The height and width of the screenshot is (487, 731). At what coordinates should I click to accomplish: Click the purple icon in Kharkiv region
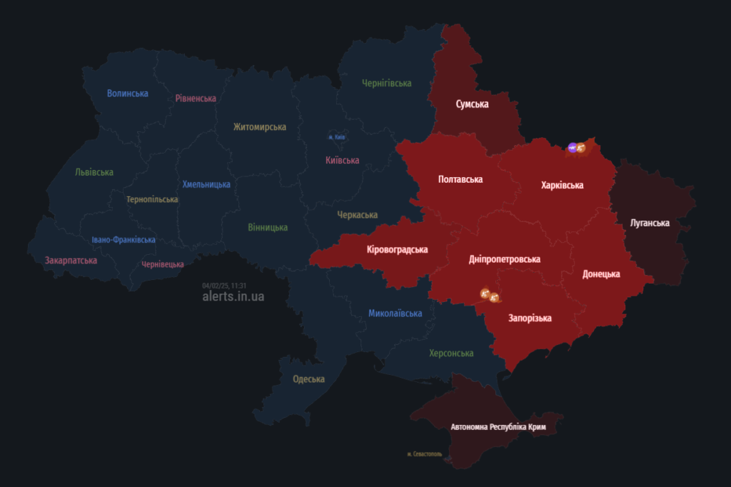point(573,148)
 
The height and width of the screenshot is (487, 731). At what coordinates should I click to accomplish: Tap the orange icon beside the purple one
point(581,148)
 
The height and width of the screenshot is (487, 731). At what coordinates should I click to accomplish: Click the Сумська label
point(472,104)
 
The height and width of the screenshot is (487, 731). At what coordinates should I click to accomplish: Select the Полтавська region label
point(460,179)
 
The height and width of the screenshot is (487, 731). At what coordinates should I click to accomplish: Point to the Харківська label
point(562,185)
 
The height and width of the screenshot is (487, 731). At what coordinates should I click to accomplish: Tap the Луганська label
point(650,223)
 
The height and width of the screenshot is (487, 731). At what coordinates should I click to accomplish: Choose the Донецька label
point(601,274)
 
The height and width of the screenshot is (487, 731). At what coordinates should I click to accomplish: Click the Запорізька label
point(529,318)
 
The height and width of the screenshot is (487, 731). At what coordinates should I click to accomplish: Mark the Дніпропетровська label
point(505,259)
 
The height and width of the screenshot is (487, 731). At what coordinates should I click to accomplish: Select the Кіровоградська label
point(397,249)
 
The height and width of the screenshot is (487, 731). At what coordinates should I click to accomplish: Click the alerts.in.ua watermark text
point(233,296)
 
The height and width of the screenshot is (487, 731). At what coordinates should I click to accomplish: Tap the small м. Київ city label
point(337,136)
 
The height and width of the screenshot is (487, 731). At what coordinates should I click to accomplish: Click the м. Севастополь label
point(424,453)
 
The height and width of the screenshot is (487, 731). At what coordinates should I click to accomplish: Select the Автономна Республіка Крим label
point(498,427)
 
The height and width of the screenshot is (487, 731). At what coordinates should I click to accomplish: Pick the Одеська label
point(308,379)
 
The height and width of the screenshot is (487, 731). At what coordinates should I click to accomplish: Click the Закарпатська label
point(71,261)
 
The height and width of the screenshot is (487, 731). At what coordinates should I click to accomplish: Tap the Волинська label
point(127,94)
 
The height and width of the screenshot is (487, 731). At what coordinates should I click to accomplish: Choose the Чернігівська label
point(386,84)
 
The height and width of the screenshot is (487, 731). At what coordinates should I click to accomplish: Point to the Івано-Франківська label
point(123,240)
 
